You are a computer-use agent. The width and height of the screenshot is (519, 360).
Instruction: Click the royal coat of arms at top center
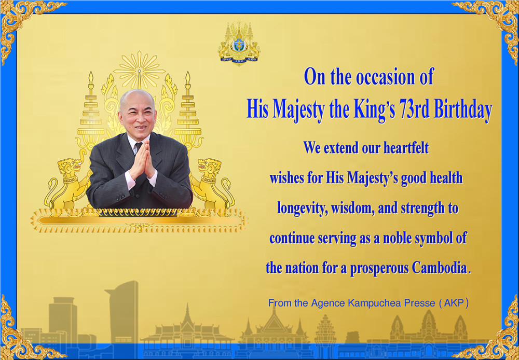pyautogui.click(x=239, y=43)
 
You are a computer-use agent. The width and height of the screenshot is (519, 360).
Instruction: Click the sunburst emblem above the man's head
pyautogui.click(x=139, y=70)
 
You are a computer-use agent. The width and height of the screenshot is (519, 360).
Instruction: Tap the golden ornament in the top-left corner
pyautogui.click(x=23, y=23)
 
